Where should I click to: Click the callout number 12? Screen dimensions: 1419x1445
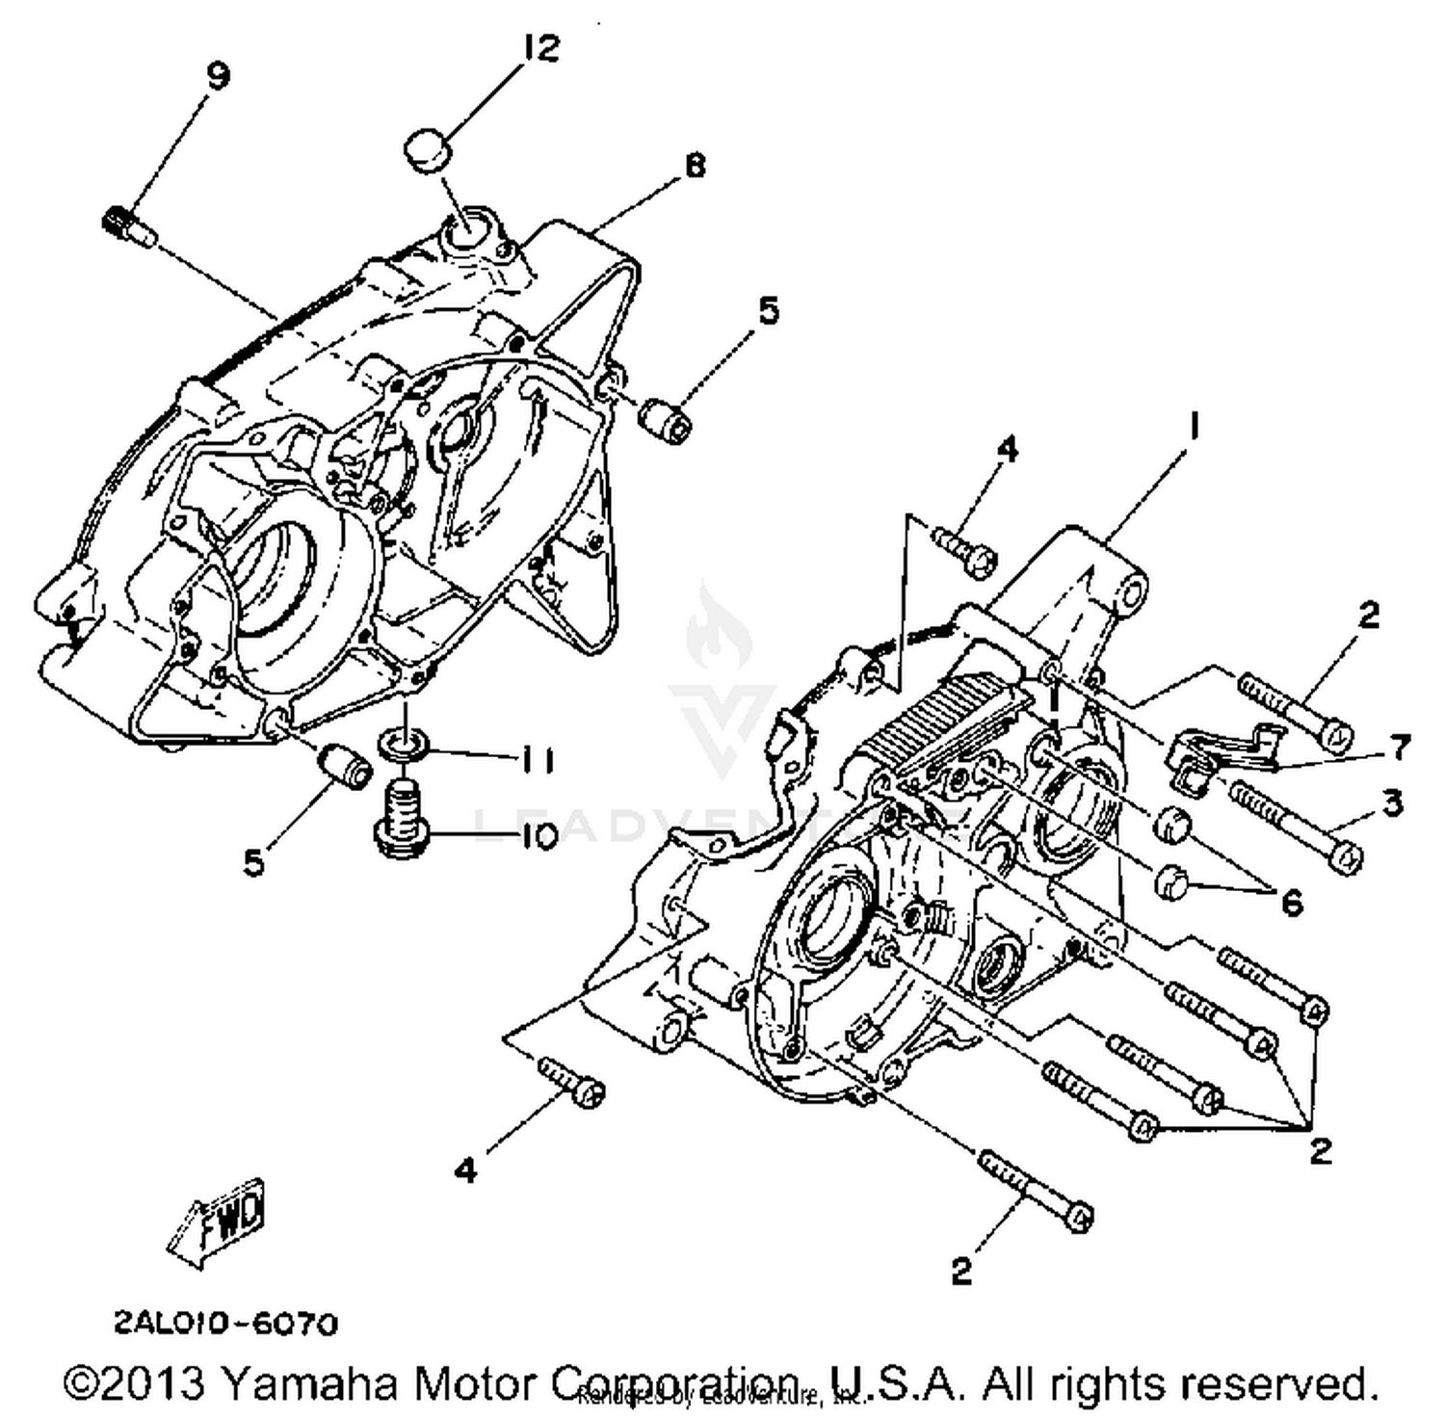541,48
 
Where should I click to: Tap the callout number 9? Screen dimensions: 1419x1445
220,76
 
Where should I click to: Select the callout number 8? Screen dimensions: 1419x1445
695,166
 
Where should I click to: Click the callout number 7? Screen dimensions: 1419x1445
1398,747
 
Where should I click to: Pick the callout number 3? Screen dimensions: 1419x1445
1392,802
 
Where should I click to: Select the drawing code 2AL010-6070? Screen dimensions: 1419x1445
226,1324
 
